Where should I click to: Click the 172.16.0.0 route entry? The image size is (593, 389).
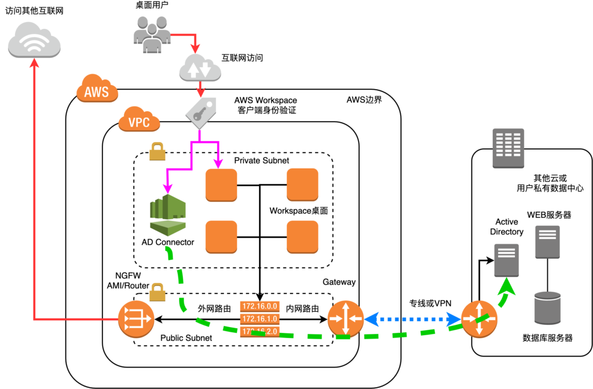point(259,306)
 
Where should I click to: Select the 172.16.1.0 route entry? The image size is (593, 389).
point(259,319)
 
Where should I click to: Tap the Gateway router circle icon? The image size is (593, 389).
point(345,318)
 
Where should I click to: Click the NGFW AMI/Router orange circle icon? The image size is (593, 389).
point(136,318)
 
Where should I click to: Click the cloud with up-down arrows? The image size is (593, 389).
point(200,68)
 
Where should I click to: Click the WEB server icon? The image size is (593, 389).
point(547,242)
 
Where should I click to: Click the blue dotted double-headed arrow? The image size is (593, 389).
point(412,318)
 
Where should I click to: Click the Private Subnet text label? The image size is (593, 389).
point(262,160)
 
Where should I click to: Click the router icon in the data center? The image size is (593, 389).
point(479,318)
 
